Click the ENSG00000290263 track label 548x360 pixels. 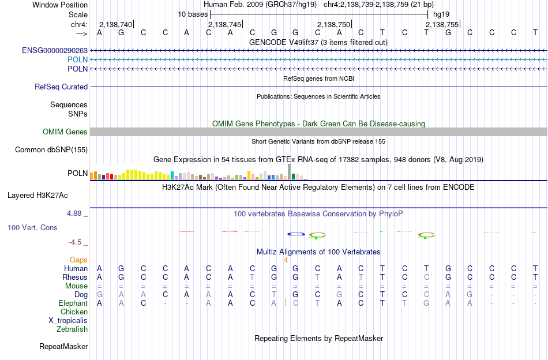pos(55,50)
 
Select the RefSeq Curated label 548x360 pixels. pos(61,87)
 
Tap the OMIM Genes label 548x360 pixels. pos(65,132)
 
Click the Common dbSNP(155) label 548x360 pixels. pos(51,149)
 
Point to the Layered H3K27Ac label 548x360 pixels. pos(37,195)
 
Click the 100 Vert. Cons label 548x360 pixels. pos(32,227)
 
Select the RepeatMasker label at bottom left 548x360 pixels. pos(63,346)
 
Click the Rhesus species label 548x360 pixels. pos(75,277)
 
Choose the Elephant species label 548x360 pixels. pos(73,303)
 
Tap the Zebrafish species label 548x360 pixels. pos(72,329)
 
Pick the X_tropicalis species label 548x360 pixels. pos(68,321)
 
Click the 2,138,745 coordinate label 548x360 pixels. pos(225,24)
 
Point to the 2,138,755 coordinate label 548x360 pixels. pos(442,24)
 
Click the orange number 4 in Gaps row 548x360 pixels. pos(286,260)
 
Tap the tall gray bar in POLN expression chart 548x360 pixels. pos(289,171)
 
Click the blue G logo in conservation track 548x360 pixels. pos(296,234)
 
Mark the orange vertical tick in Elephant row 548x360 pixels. pos(286,303)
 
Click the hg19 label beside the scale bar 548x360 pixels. pos(441,14)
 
